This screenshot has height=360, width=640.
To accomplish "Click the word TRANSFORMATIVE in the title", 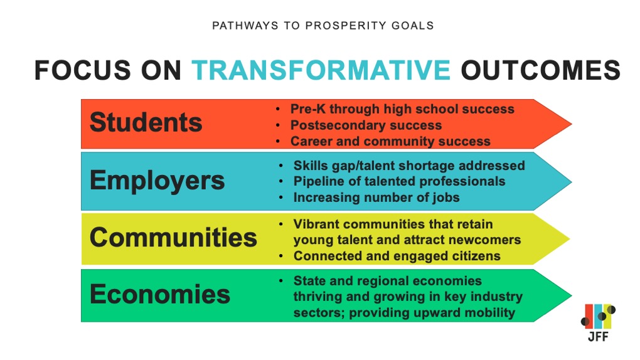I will [321, 70].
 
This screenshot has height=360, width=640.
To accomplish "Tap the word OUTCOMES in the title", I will [540, 70].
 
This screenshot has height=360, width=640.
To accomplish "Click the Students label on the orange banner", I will [146, 122].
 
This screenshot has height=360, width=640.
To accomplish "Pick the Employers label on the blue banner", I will [157, 180].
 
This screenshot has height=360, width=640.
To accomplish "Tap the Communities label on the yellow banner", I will [173, 238].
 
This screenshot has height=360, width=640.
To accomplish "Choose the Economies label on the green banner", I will [160, 294].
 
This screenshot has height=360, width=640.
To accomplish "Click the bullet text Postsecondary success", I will [366, 125].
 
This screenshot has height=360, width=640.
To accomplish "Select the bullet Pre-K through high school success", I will [402, 109].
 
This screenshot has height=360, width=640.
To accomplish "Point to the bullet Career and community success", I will [390, 141].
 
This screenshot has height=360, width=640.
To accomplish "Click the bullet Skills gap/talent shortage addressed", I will [409, 166].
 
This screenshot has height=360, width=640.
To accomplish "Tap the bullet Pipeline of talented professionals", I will [399, 181].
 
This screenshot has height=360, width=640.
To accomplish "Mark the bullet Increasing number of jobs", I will [376, 197].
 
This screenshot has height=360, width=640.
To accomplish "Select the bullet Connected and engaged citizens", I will [397, 256].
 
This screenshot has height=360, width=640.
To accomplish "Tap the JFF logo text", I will [597, 336].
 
